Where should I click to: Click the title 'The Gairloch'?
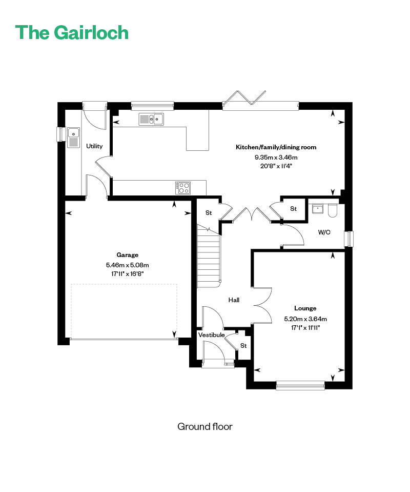[72, 33]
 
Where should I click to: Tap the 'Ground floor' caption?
[205, 426]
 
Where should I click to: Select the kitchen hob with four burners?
[183, 188]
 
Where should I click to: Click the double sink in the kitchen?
[151, 119]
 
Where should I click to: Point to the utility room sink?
[73, 137]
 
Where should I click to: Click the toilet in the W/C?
[332, 211]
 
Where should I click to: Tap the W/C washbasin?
[318, 209]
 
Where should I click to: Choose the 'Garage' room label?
[127, 255]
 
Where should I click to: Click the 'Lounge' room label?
[305, 308]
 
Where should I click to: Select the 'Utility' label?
[94, 146]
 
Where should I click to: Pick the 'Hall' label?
[234, 300]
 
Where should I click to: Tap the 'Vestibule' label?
[212, 335]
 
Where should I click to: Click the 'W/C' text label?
[324, 232]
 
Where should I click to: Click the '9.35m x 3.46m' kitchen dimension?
[276, 157]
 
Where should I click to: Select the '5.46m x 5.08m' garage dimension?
[127, 265]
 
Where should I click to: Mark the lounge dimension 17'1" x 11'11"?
[305, 328]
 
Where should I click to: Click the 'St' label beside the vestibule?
[243, 345]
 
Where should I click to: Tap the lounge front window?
[300, 385]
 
